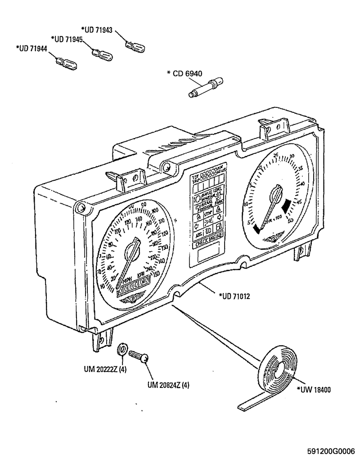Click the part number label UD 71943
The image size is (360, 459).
(x=97, y=29)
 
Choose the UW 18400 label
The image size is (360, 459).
(x=314, y=390)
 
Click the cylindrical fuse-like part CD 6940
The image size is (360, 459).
(x=204, y=87)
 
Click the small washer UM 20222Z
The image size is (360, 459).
(x=121, y=349)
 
